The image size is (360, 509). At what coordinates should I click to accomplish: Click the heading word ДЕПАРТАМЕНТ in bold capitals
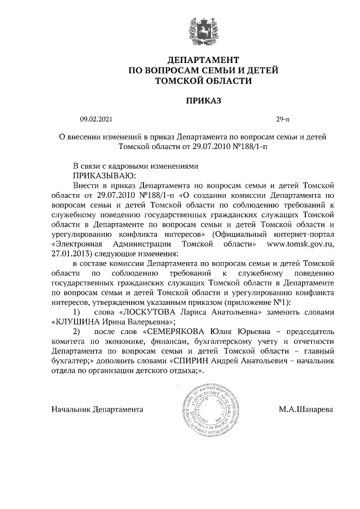click(204, 60)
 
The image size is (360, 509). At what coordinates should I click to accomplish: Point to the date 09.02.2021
click(96, 119)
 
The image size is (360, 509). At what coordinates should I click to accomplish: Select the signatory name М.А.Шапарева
click(305, 409)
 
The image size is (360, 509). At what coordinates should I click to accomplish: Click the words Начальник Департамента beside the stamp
click(97, 409)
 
